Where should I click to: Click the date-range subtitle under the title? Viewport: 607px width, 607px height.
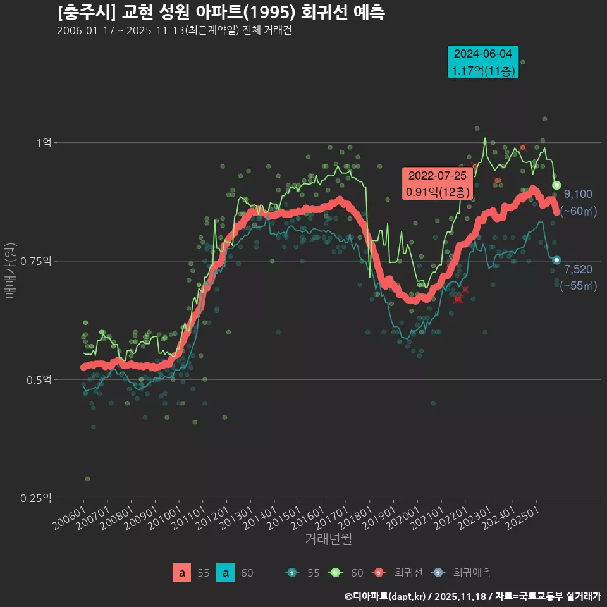pyautogui.click(x=174, y=31)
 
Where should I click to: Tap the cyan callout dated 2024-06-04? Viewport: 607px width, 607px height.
pyautogui.click(x=483, y=62)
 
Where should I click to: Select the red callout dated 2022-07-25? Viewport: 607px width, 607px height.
pyautogui.click(x=438, y=183)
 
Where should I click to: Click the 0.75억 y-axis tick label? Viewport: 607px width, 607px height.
pyautogui.click(x=39, y=261)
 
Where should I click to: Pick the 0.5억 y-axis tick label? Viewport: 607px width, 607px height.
pyautogui.click(x=42, y=379)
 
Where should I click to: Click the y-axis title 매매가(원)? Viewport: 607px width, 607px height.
pyautogui.click(x=9, y=270)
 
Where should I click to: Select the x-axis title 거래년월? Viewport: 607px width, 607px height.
pyautogui.click(x=328, y=539)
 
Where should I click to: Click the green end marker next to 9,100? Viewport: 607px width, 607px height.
pyautogui.click(x=556, y=185)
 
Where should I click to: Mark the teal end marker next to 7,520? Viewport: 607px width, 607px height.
pyautogui.click(x=556, y=260)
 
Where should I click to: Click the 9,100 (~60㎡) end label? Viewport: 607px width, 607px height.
pyautogui.click(x=578, y=202)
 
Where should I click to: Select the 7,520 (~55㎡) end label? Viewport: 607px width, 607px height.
pyautogui.click(x=578, y=278)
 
